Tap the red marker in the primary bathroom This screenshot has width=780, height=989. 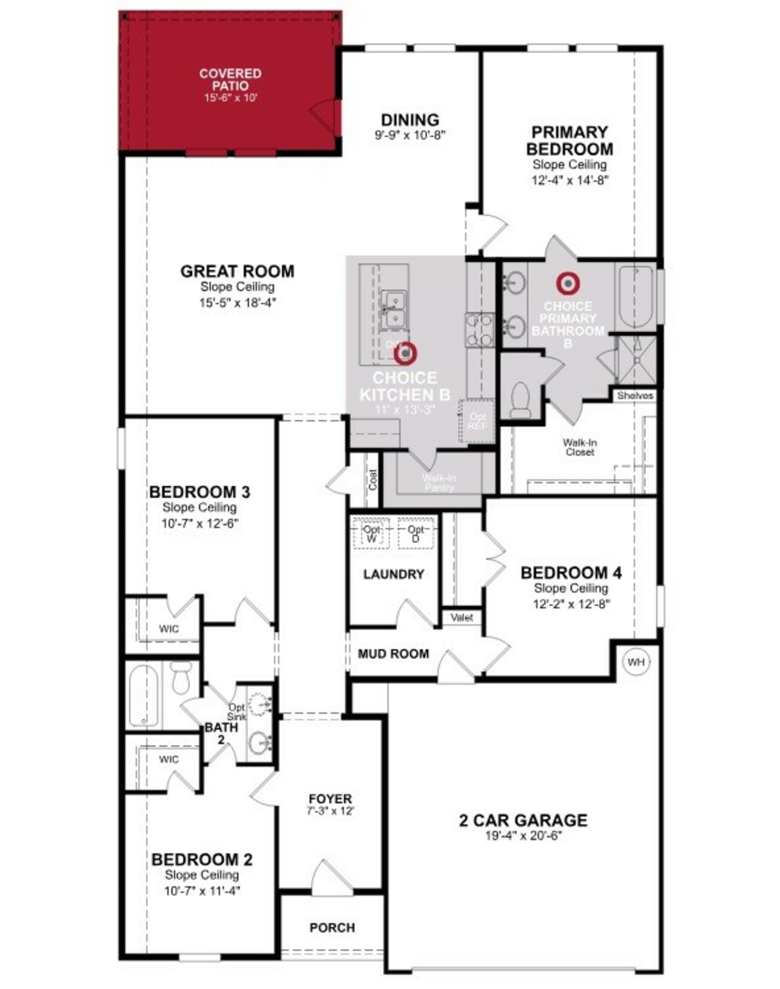click(x=568, y=283)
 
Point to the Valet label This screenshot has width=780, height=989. click(x=462, y=617)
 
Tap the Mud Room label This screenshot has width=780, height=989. click(x=393, y=654)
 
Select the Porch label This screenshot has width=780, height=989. click(x=332, y=927)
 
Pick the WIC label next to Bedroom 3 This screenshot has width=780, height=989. click(x=169, y=629)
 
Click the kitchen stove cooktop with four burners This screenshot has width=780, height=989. click(x=480, y=330)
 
